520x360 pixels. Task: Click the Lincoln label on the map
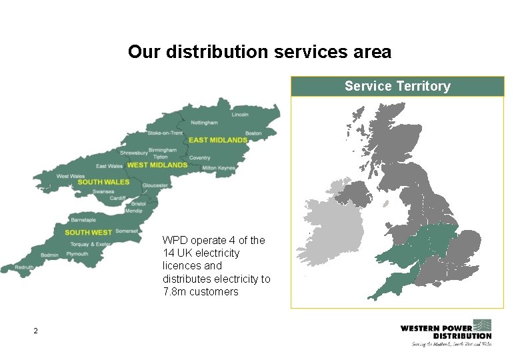(x=240, y=115)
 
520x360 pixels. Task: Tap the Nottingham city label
(x=204, y=123)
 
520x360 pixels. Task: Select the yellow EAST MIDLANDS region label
(x=218, y=140)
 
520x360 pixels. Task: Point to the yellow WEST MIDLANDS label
(x=157, y=165)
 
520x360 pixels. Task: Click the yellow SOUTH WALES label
(x=103, y=182)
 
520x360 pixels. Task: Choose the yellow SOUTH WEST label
(x=88, y=233)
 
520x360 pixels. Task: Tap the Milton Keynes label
(x=219, y=169)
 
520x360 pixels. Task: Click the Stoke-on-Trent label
(x=165, y=133)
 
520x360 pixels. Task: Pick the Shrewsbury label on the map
(x=134, y=153)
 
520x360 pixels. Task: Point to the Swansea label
(x=103, y=191)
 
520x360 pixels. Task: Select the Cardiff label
(x=117, y=198)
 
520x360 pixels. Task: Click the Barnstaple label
(x=83, y=219)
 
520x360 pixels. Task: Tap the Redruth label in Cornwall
(x=25, y=267)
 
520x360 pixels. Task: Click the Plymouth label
(x=77, y=254)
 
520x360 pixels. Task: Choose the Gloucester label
(x=155, y=185)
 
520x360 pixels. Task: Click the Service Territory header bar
(x=397, y=87)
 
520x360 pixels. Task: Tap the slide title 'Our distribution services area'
(x=259, y=51)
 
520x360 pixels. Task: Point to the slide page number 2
(x=36, y=331)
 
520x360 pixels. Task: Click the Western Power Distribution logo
(x=445, y=332)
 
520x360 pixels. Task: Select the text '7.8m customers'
(x=200, y=292)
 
